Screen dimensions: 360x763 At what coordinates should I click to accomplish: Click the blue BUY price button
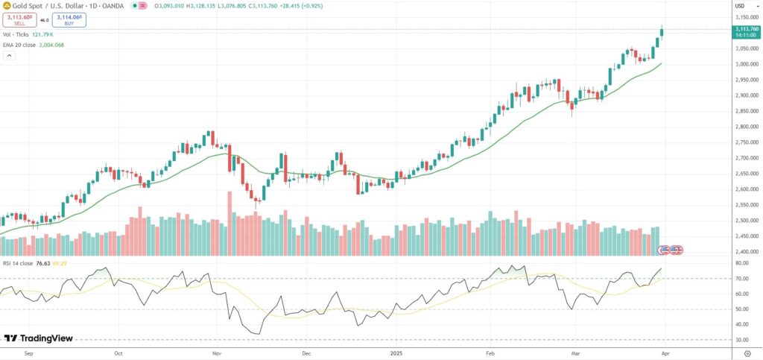69,21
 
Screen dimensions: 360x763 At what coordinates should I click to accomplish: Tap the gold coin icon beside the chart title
7,5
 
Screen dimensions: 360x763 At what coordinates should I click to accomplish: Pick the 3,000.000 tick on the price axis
745,64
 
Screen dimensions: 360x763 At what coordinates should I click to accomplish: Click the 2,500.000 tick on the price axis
745,221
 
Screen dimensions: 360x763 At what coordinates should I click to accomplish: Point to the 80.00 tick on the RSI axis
741,263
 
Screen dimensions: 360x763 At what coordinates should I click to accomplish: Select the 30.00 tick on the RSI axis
741,340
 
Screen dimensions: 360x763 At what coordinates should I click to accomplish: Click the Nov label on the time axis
216,355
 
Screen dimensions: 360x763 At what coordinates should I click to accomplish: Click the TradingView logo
39,338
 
